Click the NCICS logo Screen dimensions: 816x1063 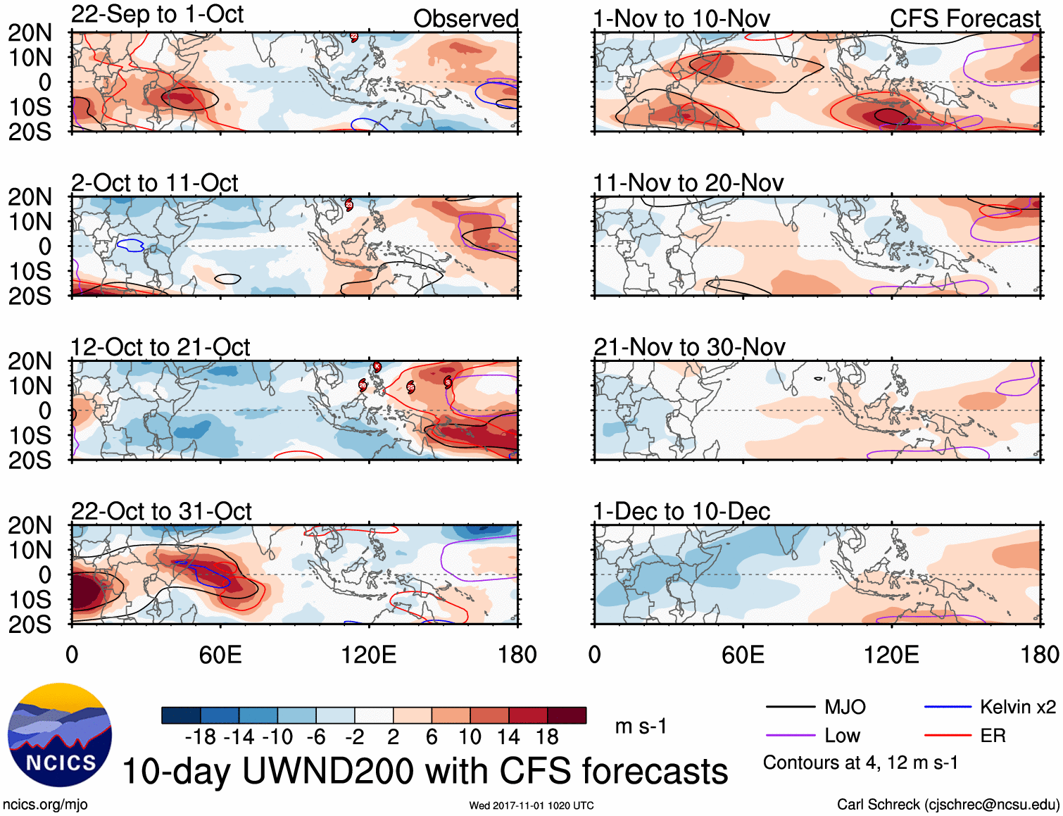(x=60, y=735)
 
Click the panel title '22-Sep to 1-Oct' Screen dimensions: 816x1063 (x=157, y=15)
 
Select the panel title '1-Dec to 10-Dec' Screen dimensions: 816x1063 (x=681, y=511)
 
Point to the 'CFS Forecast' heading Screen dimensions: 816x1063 (x=964, y=19)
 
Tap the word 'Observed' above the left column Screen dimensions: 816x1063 (x=465, y=19)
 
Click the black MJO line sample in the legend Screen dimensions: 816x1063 (x=790, y=707)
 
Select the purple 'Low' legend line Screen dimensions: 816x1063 (x=790, y=736)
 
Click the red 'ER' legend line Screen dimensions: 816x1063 (x=948, y=736)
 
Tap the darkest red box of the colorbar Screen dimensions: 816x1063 (x=567, y=715)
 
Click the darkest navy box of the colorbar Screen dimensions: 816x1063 (x=181, y=715)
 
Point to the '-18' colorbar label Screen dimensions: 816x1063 (x=200, y=737)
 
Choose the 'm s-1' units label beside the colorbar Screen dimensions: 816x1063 (x=641, y=726)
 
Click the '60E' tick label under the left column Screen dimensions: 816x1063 (x=220, y=655)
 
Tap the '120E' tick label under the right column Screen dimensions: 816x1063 (x=891, y=655)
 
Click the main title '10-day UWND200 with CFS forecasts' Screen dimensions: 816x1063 (x=425, y=771)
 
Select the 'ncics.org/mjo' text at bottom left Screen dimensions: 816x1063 (x=45, y=804)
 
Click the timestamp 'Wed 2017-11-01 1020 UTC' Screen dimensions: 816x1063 (x=531, y=805)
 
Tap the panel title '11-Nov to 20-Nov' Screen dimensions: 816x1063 (x=688, y=183)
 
